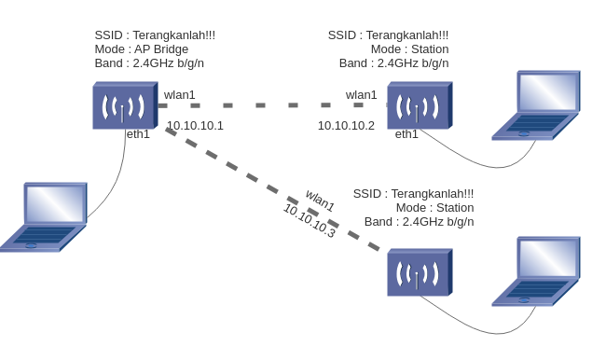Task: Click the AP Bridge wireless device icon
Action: tap(123, 106)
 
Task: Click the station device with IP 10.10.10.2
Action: tap(419, 105)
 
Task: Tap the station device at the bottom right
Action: tap(419, 272)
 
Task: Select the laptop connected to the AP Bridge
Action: tap(45, 216)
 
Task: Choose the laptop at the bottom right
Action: tap(535, 271)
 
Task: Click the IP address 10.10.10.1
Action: tap(195, 125)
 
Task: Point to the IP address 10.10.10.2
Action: tap(346, 125)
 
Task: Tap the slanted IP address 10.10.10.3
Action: tap(309, 221)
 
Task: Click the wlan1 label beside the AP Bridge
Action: tap(180, 94)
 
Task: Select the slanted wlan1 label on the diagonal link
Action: tap(320, 200)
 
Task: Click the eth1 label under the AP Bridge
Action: tap(138, 134)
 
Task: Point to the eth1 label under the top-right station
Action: tap(406, 134)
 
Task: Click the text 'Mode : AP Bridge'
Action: tap(141, 49)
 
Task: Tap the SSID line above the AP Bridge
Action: tap(155, 35)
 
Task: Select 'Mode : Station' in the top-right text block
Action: tap(409, 49)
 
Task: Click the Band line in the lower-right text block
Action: tap(419, 222)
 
